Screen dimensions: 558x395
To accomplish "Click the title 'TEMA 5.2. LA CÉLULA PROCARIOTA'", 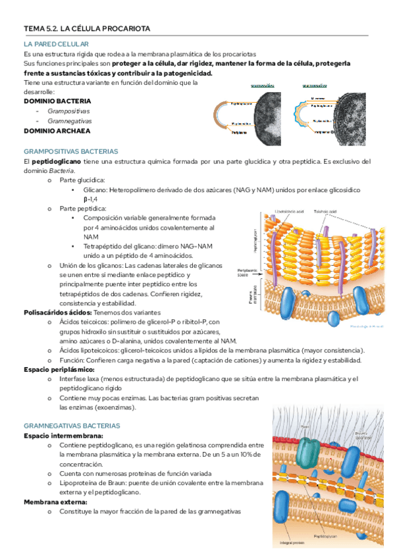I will [x=87, y=29].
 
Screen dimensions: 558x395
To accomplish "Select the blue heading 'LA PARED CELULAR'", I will [x=52, y=43].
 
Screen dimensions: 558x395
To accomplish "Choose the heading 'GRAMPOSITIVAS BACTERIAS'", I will [x=70, y=151].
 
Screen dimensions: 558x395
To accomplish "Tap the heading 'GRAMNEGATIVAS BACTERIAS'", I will [x=71, y=426].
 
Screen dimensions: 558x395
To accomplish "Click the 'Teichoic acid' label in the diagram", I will [x=325, y=211].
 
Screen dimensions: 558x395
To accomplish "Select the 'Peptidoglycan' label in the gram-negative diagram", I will [x=327, y=537].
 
